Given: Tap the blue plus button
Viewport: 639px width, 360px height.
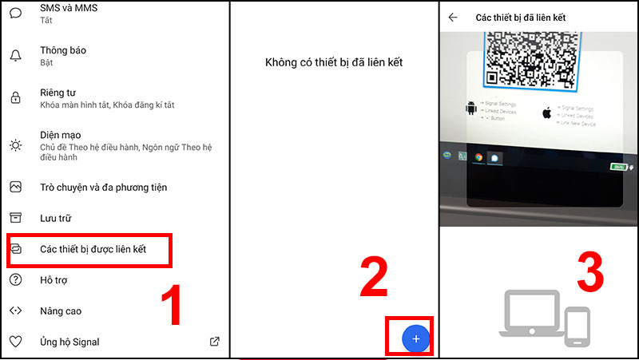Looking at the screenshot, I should pyautogui.click(x=415, y=339).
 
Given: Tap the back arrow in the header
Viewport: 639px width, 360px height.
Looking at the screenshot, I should pyautogui.click(x=453, y=17).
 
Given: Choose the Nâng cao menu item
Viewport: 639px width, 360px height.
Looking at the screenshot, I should pyautogui.click(x=61, y=311).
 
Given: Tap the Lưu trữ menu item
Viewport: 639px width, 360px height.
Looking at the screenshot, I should pyautogui.click(x=57, y=218).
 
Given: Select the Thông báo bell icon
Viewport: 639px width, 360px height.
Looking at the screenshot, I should pyautogui.click(x=15, y=55).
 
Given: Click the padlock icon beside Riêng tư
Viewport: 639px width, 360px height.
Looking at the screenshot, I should pyautogui.click(x=15, y=98).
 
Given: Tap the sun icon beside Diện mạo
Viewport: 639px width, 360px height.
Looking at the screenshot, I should pyautogui.click(x=15, y=145).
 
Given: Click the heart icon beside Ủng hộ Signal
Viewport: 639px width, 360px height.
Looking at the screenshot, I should pyautogui.click(x=15, y=342).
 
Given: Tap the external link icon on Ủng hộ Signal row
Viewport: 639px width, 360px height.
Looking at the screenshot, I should pyautogui.click(x=214, y=342).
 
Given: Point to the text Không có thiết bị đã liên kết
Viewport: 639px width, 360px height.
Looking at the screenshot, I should pyautogui.click(x=335, y=62).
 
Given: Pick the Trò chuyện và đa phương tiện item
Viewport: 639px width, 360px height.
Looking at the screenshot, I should pyautogui.click(x=104, y=188).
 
